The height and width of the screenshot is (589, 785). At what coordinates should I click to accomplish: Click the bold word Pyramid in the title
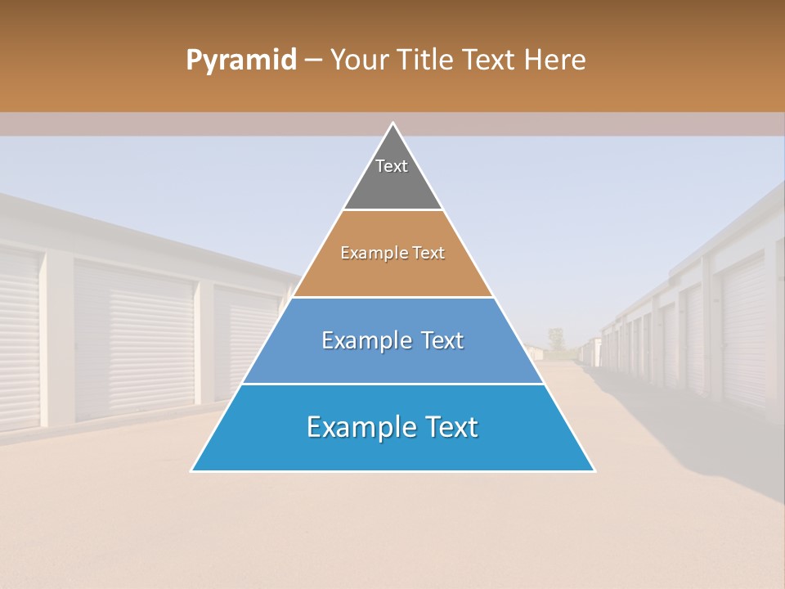[240, 60]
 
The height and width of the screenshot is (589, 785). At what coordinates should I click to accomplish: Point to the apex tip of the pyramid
[393, 124]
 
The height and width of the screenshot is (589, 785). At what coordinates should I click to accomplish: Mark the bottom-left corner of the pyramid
[193, 470]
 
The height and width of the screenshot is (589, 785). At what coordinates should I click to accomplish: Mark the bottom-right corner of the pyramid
[594, 470]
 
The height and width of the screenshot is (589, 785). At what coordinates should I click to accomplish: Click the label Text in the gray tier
[392, 166]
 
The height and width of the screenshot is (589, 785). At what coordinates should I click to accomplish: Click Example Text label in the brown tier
[392, 253]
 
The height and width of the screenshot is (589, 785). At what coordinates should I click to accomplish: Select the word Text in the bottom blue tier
[448, 427]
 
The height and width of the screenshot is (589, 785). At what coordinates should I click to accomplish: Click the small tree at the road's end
[556, 336]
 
